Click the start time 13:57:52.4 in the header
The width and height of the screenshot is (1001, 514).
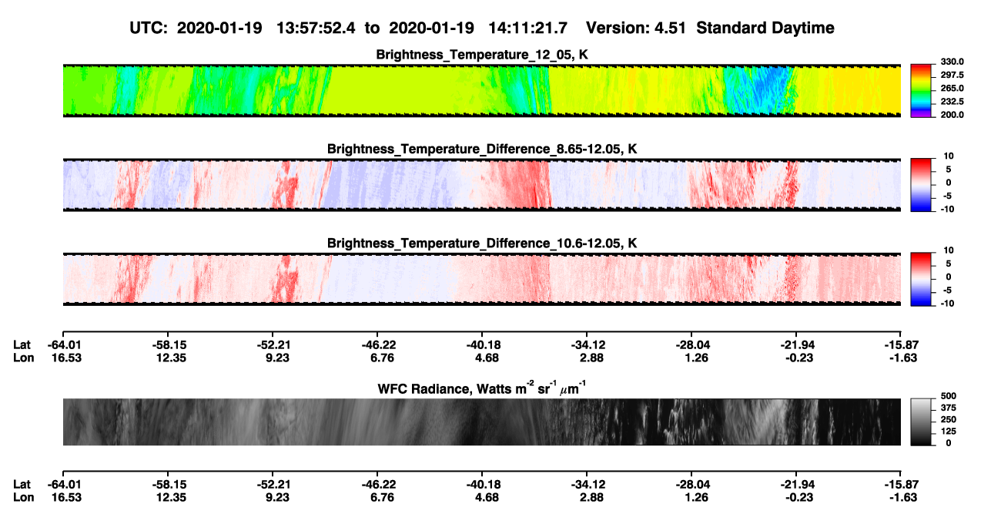pos(316,29)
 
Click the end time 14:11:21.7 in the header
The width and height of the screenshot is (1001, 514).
pos(527,29)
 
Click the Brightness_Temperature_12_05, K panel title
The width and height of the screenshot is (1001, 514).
pos(482,55)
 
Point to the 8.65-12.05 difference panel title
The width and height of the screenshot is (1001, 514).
pos(482,149)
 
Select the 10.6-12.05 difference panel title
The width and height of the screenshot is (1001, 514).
pos(482,244)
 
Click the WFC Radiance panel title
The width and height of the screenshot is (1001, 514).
pos(482,388)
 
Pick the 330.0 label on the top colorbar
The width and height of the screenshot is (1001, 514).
pos(952,62)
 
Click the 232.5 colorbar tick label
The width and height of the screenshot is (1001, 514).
pos(952,102)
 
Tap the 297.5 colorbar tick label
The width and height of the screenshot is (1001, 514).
pos(952,75)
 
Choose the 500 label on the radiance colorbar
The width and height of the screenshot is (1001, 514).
pos(949,396)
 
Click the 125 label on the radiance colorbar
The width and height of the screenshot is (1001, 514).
pos(949,432)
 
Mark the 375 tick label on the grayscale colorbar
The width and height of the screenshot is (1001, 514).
pos(949,408)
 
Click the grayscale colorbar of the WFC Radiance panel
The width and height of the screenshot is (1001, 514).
pos(921,422)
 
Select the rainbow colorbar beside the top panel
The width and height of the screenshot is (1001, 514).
pos(921,91)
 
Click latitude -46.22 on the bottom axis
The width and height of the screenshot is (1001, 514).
pos(379,485)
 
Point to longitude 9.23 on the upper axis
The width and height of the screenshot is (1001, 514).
pos(277,358)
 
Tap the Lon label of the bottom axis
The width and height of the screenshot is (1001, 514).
pos(23,498)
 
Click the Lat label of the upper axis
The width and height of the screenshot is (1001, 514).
pos(22,345)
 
